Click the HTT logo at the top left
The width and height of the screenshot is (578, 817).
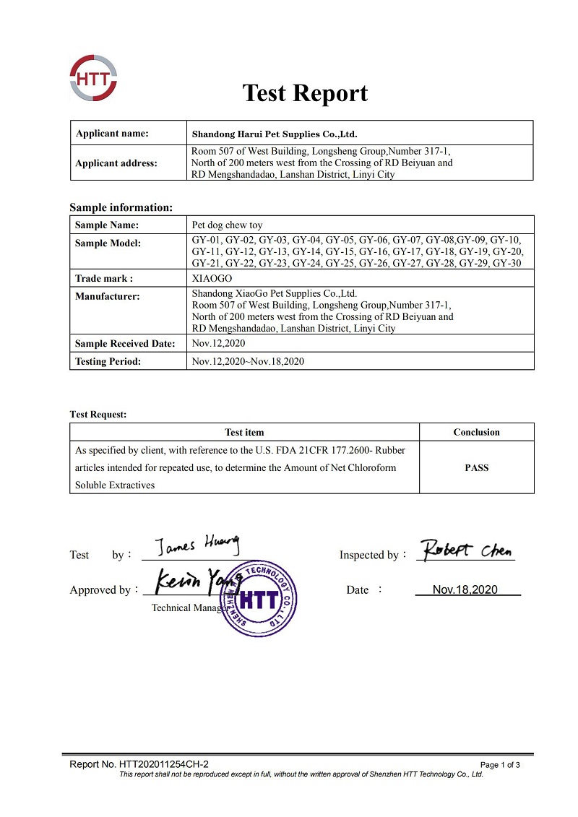(93, 79)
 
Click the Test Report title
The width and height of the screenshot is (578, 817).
(304, 93)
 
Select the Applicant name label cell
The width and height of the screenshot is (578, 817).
(112, 133)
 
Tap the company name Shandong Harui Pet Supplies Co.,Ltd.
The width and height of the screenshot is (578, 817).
(275, 134)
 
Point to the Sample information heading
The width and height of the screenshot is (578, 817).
(121, 207)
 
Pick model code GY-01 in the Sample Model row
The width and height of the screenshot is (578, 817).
(206, 239)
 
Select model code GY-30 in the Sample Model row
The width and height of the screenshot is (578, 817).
(507, 263)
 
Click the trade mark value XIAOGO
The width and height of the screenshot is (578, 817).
(211, 278)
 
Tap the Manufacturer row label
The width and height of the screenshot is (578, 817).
(108, 295)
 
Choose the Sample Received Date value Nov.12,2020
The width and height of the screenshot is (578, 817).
(218, 343)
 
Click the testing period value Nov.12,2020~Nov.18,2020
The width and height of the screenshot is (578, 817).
(248, 361)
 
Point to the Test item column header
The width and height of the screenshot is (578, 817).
(244, 432)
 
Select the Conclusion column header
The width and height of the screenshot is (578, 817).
(476, 432)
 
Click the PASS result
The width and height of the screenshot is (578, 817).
(476, 467)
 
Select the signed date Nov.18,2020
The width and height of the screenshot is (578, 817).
(465, 589)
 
